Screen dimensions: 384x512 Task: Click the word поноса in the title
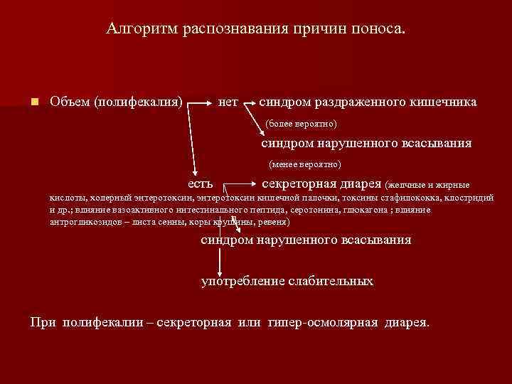pyautogui.click(x=380, y=29)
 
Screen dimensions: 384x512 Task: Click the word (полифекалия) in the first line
pyautogui.click(x=138, y=102)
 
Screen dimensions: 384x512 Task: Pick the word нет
pyautogui.click(x=228, y=102)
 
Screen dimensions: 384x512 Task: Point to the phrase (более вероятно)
pyautogui.click(x=301, y=124)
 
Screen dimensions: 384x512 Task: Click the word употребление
pyautogui.click(x=242, y=281)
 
